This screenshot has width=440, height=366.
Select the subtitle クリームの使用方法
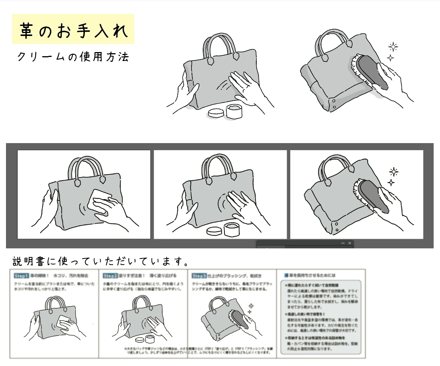(73, 57)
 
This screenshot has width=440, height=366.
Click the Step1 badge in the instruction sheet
(21, 276)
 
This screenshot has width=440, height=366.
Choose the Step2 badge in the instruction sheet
(110, 276)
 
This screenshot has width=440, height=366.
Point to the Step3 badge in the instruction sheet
(199, 276)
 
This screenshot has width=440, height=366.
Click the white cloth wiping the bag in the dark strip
(99, 200)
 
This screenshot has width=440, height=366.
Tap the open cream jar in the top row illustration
(234, 111)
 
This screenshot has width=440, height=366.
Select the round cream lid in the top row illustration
(216, 113)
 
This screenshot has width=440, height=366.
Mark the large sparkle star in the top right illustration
(393, 47)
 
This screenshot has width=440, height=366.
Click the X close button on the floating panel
(350, 243)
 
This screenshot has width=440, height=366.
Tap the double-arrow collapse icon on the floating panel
(343, 243)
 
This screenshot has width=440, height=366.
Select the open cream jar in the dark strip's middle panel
(232, 229)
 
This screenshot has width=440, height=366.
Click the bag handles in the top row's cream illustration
(221, 45)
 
